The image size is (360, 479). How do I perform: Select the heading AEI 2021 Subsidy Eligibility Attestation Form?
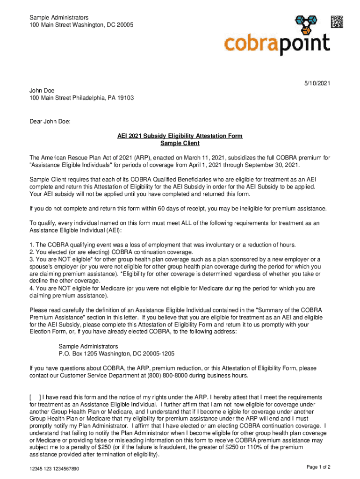(x=180, y=136)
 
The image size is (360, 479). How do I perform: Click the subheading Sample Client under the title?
(x=180, y=143)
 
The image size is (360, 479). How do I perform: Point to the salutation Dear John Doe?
(x=50, y=122)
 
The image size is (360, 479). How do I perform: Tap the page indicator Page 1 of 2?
(x=318, y=467)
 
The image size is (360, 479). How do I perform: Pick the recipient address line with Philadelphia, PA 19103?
(x=82, y=98)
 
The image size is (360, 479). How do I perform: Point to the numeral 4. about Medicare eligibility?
(x=32, y=289)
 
